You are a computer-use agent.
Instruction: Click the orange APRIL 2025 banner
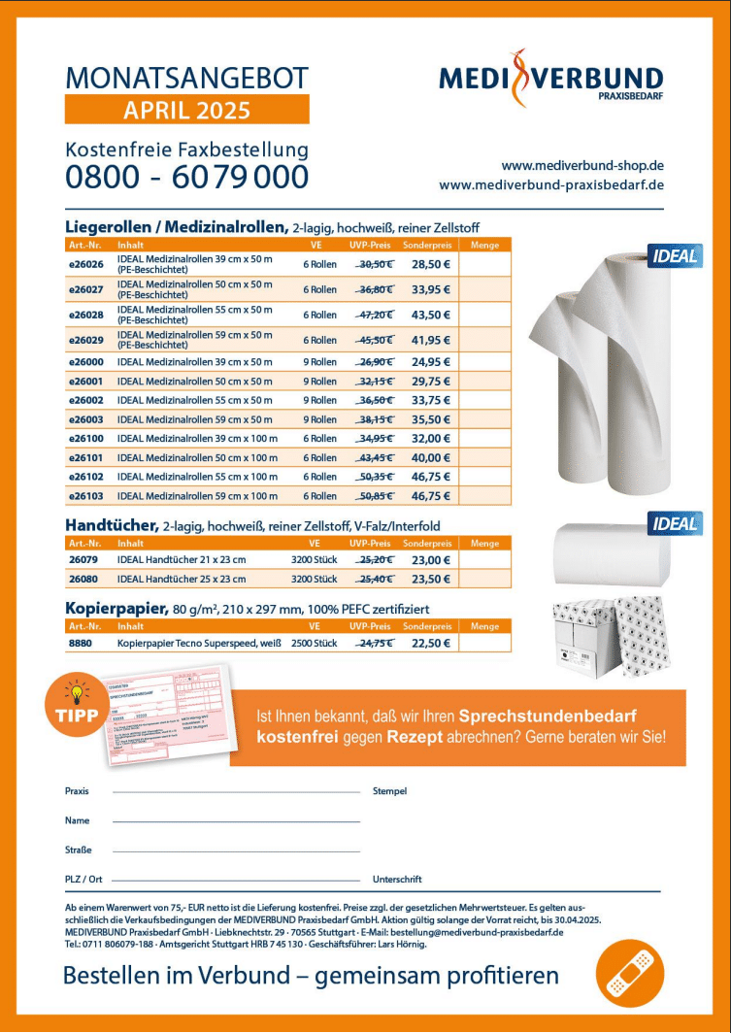(186, 110)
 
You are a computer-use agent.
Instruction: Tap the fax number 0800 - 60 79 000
(186, 178)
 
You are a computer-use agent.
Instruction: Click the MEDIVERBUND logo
(550, 79)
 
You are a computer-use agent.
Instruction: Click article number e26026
(85, 264)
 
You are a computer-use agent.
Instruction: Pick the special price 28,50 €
(430, 264)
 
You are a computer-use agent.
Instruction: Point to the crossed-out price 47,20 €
(375, 316)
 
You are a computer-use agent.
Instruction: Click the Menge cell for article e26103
(484, 496)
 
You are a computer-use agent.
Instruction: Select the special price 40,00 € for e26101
(430, 457)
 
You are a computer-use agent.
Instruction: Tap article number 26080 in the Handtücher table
(83, 580)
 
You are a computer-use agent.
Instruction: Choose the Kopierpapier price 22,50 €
(430, 643)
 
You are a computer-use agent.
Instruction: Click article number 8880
(80, 643)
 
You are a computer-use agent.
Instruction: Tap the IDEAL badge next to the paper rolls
(675, 256)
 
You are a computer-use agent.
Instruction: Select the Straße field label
(79, 850)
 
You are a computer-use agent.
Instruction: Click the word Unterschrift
(397, 880)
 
